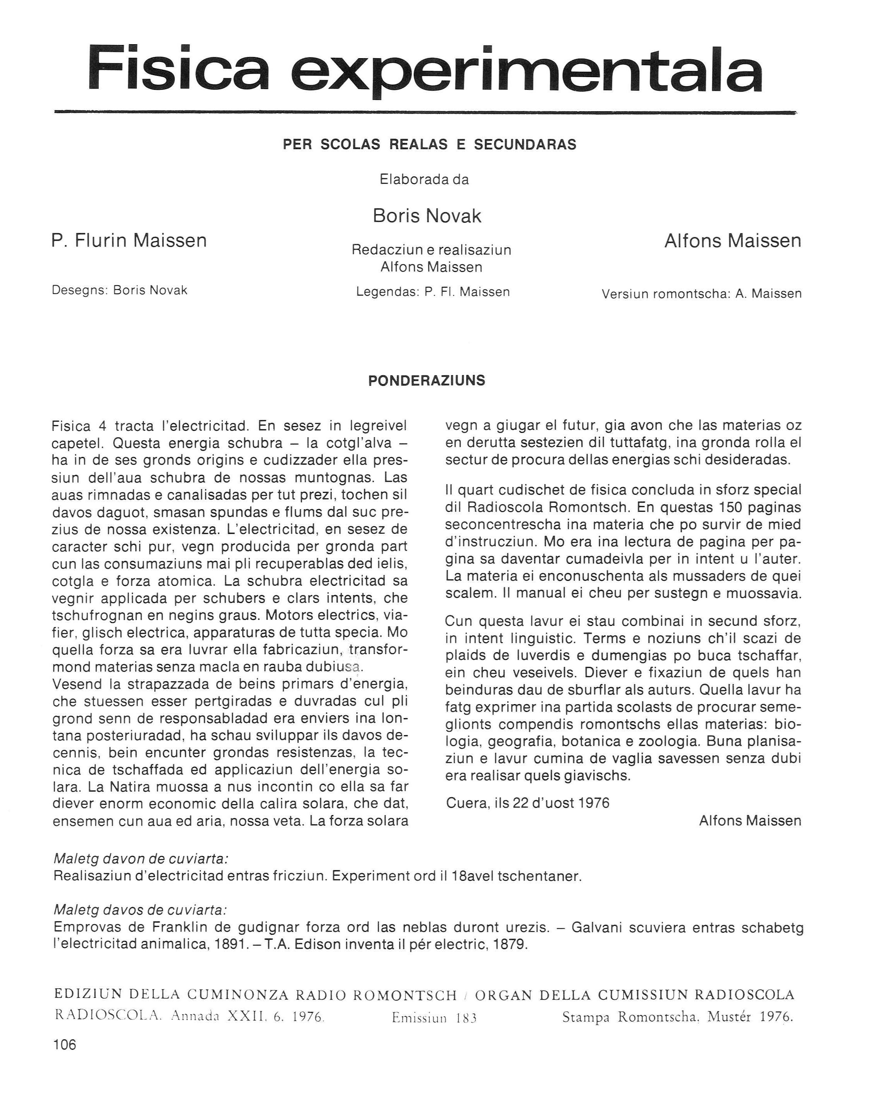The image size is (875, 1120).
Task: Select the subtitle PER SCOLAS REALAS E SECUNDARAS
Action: [x=429, y=145]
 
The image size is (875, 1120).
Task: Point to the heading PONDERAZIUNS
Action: [x=426, y=381]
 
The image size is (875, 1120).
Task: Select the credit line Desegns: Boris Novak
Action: [x=119, y=290]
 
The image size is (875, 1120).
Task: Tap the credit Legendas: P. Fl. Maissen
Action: [x=432, y=292]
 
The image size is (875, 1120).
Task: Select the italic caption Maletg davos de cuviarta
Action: [x=140, y=910]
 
